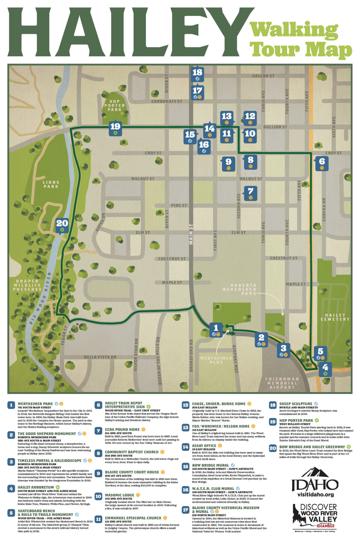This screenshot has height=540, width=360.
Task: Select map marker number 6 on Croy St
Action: click(x=322, y=163)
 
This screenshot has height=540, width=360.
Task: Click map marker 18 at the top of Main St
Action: click(x=197, y=74)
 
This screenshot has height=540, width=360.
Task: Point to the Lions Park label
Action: click(x=51, y=184)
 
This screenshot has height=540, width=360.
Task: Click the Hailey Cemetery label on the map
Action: click(x=335, y=317)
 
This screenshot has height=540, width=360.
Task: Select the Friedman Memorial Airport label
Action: click(x=282, y=383)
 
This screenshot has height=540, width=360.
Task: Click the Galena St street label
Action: click(x=263, y=76)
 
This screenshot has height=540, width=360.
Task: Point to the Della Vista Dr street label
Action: click(x=100, y=357)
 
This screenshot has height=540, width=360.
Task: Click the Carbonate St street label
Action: click(x=166, y=101)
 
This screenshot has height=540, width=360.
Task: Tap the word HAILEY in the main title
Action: click(x=126, y=33)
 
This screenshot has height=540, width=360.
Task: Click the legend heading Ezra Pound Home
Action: click(x=122, y=429)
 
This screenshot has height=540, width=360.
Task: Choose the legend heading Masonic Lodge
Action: click(x=120, y=495)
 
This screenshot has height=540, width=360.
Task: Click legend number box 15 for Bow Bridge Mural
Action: click(x=185, y=467)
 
